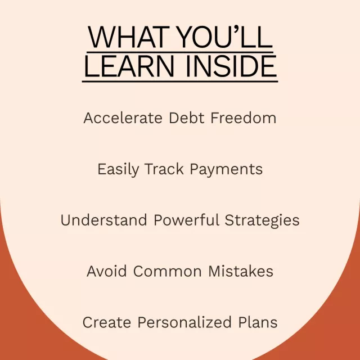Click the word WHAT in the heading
[x=129, y=37]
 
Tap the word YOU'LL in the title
[x=225, y=37]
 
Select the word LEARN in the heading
[x=129, y=66]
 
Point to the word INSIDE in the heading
[x=231, y=66]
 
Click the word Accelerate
[x=123, y=118]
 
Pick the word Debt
[x=186, y=118]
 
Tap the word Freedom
[x=244, y=118]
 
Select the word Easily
[x=118, y=170]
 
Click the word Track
[x=164, y=169]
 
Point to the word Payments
[x=226, y=170]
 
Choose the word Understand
[x=103, y=220]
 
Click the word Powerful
[x=186, y=220]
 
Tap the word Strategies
[x=262, y=220]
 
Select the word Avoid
[x=107, y=271]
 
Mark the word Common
[x=168, y=271]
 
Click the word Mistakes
[x=241, y=271]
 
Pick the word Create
[x=107, y=322]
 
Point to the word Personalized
[x=184, y=322]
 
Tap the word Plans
[x=258, y=322]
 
